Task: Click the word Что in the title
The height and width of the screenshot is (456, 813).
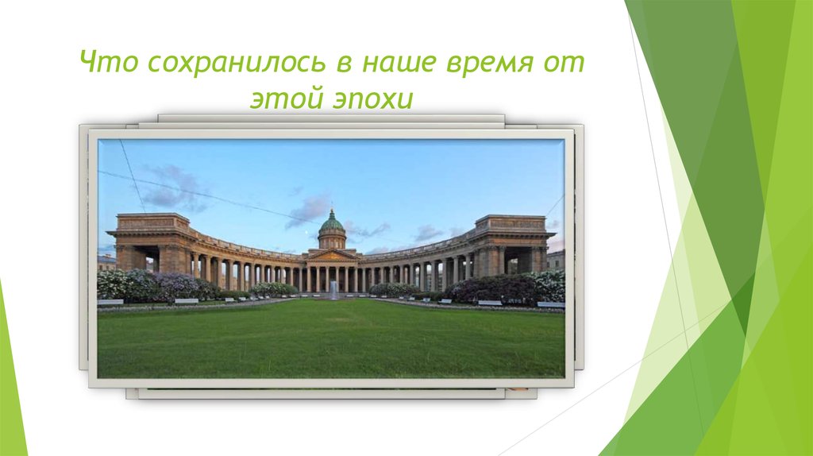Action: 106,63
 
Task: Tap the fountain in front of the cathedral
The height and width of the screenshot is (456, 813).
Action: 333,290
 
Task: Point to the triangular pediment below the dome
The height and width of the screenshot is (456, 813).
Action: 332,256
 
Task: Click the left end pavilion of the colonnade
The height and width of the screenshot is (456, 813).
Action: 151,242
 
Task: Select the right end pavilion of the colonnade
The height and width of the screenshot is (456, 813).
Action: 512,242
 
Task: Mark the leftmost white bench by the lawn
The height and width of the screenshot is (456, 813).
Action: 110,302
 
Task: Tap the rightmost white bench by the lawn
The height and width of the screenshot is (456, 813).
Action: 550,303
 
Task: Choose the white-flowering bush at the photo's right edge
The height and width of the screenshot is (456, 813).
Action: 549,284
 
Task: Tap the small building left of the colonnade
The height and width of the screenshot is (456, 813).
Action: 106,262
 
